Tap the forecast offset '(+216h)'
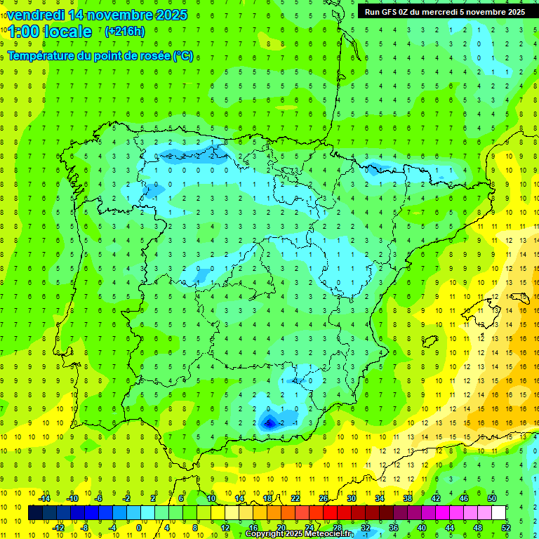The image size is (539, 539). point(124,31)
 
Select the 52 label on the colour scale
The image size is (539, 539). point(506,528)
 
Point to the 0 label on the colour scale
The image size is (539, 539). point(139,528)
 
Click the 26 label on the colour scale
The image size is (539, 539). point(324,498)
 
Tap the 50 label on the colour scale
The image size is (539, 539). point(492,498)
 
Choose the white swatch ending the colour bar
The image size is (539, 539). point(498,513)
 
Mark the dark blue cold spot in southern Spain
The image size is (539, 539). point(269,421)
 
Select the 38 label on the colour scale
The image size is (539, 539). point(408,498)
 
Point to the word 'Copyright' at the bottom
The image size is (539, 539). point(265,534)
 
